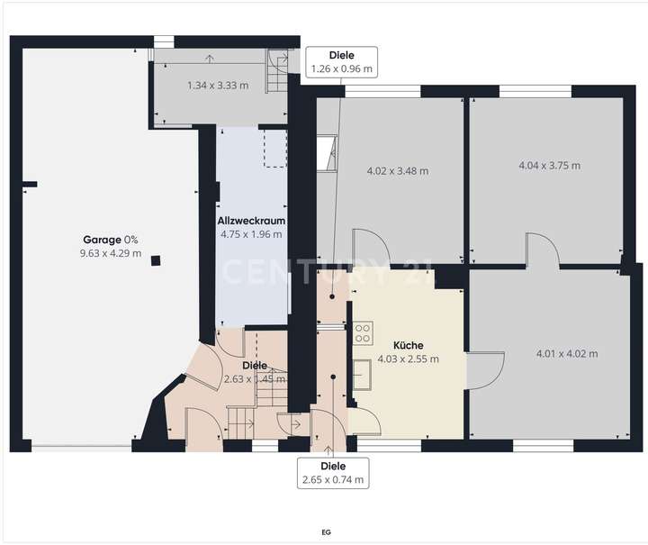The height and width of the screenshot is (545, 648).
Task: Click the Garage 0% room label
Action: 111,240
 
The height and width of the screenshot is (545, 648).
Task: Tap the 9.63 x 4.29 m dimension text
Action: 111,253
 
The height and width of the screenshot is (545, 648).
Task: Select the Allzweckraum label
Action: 251,221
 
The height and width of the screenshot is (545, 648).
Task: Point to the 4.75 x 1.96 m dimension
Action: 251,234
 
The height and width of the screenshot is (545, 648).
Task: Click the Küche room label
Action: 409,345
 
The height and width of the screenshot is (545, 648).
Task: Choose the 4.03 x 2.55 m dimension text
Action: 409,359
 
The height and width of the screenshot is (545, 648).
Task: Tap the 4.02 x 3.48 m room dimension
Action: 398,170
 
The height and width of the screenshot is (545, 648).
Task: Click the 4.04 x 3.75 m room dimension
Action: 550,166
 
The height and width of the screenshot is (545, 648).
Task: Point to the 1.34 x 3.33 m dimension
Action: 218,86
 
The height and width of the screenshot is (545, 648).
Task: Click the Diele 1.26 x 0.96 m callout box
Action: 341,61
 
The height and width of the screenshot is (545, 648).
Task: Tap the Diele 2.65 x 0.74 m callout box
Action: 334,472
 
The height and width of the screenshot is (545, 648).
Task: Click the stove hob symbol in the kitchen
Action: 363,332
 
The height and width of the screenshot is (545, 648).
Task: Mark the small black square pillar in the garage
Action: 157,261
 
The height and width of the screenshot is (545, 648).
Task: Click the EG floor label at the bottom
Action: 325,532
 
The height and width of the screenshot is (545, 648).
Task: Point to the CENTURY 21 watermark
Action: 329,272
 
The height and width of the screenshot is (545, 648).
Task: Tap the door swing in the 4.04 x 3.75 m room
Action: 543,250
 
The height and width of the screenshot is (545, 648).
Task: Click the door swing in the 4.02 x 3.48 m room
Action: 369,248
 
